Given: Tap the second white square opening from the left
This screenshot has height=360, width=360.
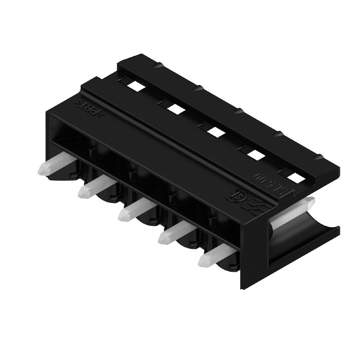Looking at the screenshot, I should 174,108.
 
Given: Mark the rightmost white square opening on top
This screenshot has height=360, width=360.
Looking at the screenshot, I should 296,178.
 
